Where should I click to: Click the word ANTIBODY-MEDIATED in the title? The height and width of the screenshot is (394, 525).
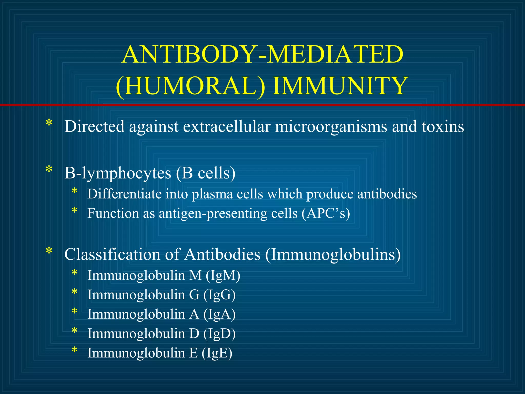(x=262, y=54)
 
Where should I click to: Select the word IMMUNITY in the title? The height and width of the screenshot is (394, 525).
(x=340, y=85)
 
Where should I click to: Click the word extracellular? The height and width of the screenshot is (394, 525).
(x=227, y=126)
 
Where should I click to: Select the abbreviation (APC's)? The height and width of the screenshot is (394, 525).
(x=326, y=213)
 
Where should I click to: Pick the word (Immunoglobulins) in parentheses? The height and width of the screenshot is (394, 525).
(x=333, y=255)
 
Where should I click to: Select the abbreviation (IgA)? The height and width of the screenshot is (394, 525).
(x=219, y=314)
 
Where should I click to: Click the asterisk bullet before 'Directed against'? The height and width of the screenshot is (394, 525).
(x=49, y=123)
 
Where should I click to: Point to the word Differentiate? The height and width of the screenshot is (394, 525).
(x=124, y=194)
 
